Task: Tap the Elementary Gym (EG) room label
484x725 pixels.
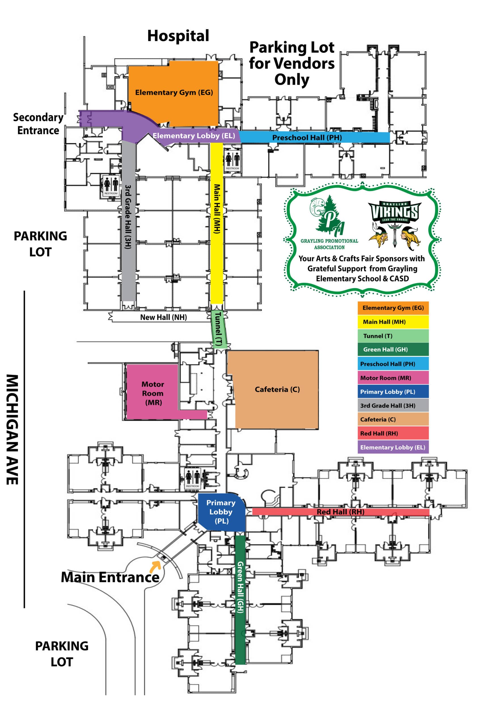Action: tap(174, 93)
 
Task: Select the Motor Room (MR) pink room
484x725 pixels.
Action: tap(153, 393)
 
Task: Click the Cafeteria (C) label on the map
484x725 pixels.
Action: tap(277, 389)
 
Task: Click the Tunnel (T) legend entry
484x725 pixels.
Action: tap(393, 336)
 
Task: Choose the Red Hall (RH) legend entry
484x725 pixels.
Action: tap(393, 433)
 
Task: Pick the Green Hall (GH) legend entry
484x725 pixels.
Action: tap(393, 349)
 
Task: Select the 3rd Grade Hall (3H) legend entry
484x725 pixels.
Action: tap(393, 405)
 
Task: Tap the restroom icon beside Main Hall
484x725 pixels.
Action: tap(233, 160)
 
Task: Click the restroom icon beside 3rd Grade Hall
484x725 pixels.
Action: tap(111, 185)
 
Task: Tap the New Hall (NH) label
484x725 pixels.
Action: tap(163, 317)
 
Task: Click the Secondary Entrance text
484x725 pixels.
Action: tap(38, 124)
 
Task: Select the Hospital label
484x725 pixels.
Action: tap(178, 36)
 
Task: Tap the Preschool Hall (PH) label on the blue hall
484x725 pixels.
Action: tap(307, 137)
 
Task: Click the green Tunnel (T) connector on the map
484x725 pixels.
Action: tap(219, 329)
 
